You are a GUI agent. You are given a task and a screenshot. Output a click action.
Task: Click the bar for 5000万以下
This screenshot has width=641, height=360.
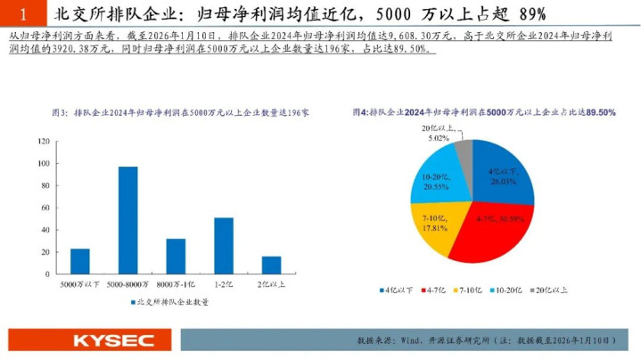80,261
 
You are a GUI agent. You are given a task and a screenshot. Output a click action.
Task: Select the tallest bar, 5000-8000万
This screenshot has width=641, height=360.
128,220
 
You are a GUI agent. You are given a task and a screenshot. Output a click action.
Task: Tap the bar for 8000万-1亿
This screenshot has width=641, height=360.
176,257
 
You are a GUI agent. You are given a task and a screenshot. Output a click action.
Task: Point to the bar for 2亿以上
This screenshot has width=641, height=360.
271,265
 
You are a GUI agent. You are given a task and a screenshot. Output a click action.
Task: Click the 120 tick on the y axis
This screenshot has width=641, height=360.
42,142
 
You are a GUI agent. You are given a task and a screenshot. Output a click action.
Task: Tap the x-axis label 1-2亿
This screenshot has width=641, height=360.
224,283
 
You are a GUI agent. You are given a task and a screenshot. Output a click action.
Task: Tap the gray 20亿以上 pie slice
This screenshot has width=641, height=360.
463,153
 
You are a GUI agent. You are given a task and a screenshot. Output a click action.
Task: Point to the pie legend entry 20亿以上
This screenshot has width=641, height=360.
554,290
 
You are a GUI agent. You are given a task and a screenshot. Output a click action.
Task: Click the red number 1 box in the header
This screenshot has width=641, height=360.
23,14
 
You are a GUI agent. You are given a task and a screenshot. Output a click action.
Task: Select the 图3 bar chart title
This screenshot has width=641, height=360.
179,114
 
